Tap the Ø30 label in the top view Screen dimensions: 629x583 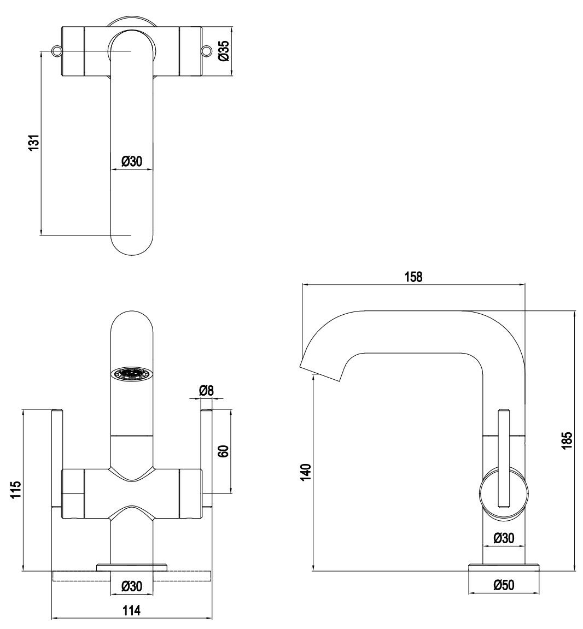point(131,161)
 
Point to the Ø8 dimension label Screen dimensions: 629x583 point(206,390)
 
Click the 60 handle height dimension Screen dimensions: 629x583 point(222,451)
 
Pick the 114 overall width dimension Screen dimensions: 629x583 point(131,610)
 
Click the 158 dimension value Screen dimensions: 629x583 point(413,277)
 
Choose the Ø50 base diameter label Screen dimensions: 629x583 point(503,585)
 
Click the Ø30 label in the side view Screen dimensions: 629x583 point(503,538)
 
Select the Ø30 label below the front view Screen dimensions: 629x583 point(131,586)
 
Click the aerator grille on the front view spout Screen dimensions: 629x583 point(131,374)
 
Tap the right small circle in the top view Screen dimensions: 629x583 point(206,51)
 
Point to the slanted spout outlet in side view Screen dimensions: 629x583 point(322,371)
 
